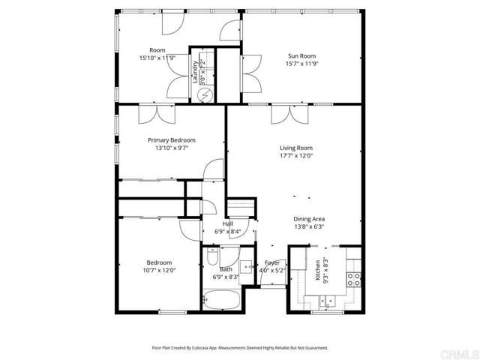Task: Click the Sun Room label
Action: [302, 55]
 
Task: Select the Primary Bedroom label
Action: [171, 140]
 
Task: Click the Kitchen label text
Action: [318, 270]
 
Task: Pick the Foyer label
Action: [271, 263]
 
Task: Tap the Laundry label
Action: [196, 71]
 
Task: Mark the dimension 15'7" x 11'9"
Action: [302, 64]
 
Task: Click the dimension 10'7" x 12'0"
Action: [159, 271]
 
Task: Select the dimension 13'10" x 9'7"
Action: [171, 148]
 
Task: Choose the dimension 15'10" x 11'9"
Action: [157, 58]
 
